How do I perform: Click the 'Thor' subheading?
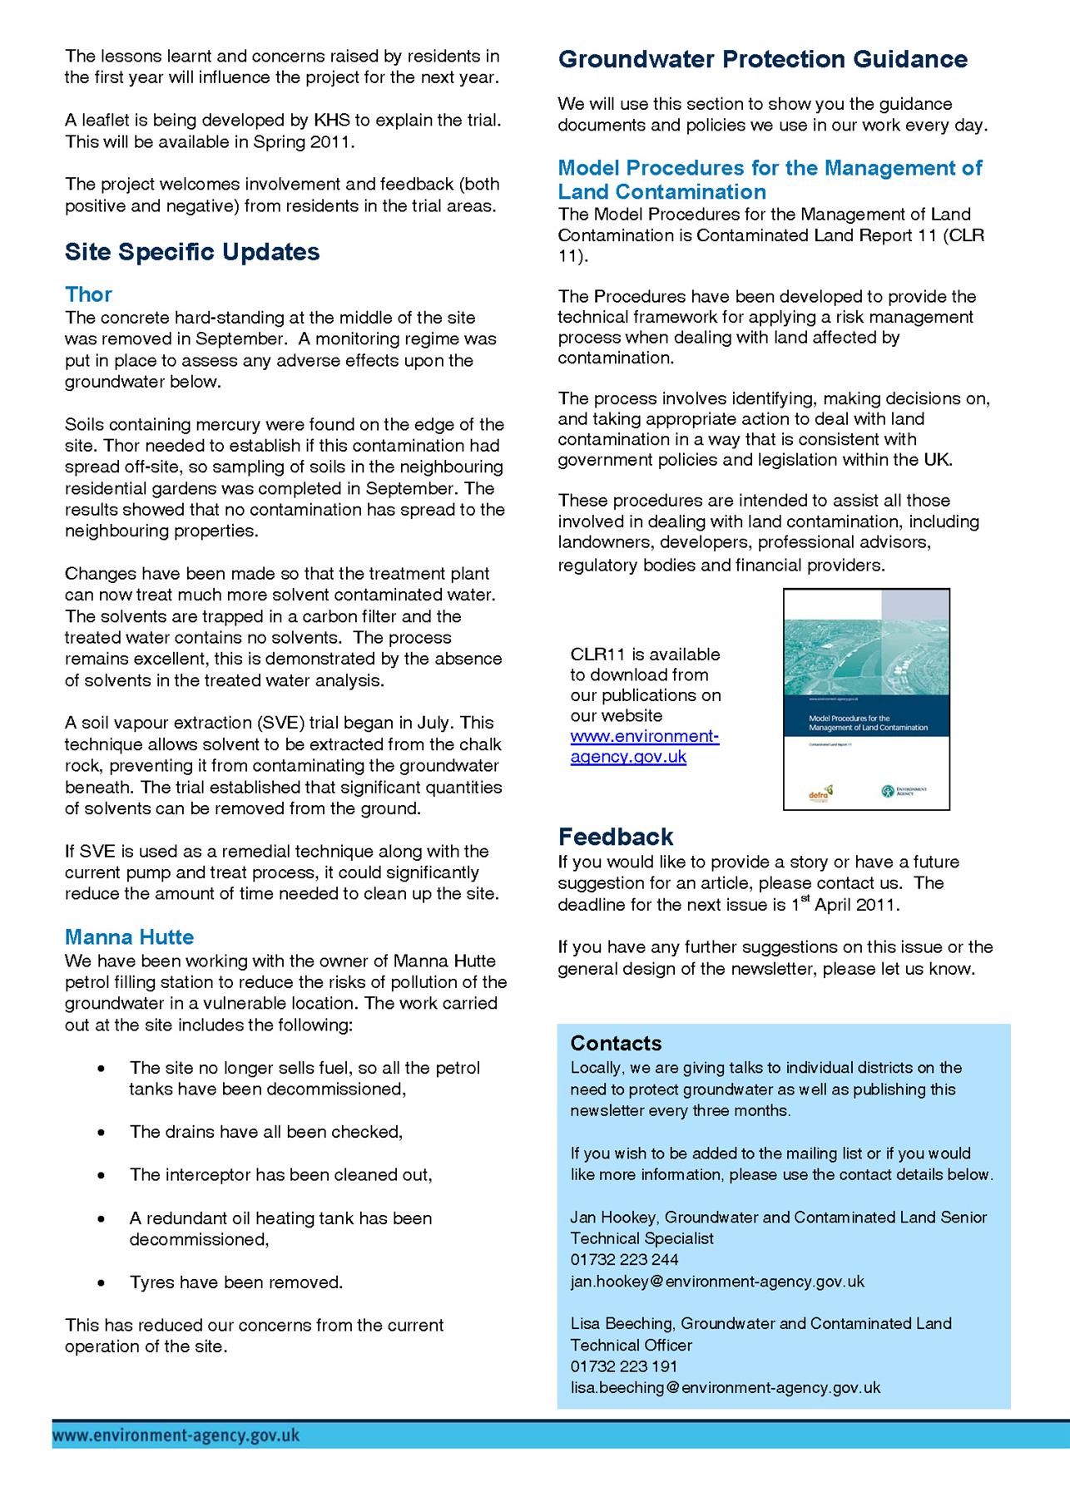[x=88, y=294]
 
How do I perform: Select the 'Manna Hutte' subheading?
[x=129, y=937]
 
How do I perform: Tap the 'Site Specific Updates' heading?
[x=192, y=252]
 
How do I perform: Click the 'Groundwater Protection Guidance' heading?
[x=762, y=59]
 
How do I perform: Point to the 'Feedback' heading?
[x=616, y=836]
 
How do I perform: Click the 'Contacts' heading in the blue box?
[x=616, y=1043]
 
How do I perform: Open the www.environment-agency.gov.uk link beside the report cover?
[x=644, y=746]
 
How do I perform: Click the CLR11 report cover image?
[x=866, y=699]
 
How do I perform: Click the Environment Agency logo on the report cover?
[x=904, y=790]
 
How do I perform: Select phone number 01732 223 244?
[x=624, y=1259]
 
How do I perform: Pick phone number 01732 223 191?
[x=624, y=1366]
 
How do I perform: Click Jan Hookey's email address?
[x=717, y=1281]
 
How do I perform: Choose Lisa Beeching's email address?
[x=725, y=1387]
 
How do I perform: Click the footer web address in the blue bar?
[x=176, y=1435]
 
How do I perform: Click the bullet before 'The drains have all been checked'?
[x=102, y=1133]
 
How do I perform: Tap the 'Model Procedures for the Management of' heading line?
[x=770, y=168]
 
